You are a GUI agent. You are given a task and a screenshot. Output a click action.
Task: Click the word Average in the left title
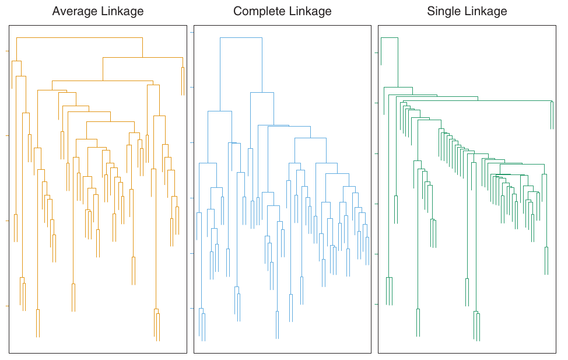(x=73, y=11)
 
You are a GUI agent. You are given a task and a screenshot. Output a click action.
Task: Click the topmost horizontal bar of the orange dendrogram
(x=79, y=37)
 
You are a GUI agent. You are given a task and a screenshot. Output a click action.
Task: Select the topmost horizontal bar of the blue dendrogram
(x=241, y=37)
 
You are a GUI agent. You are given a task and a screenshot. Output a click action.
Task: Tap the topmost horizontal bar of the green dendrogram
(x=389, y=37)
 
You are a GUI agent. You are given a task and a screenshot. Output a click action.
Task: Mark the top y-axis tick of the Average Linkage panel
(x=7, y=51)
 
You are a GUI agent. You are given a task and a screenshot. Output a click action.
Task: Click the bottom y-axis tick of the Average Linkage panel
(x=7, y=305)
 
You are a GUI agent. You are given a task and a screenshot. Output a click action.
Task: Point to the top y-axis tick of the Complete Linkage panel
(x=192, y=32)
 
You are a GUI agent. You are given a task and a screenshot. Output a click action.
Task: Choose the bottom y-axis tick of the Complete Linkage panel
(x=192, y=309)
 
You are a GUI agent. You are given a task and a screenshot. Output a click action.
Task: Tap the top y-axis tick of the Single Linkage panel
(x=376, y=53)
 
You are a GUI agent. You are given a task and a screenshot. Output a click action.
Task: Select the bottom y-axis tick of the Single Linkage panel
(x=376, y=304)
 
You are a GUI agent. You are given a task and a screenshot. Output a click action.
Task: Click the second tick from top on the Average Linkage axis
(x=7, y=136)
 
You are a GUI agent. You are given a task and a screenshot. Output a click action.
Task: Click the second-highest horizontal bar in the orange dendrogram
(x=143, y=57)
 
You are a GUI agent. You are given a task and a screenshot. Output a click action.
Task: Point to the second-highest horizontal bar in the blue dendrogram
(x=261, y=92)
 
